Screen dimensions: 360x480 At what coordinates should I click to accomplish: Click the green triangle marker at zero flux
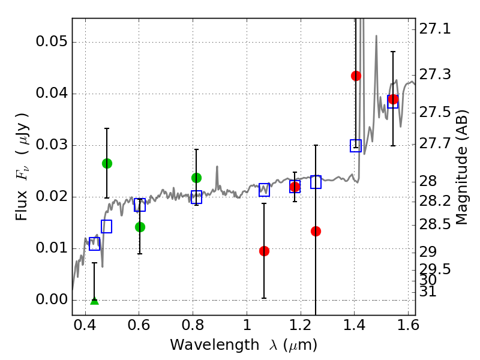tap(94, 300)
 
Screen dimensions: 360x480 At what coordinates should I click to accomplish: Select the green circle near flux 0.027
tap(107, 163)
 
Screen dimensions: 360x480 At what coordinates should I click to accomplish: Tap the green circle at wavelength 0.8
tap(196, 178)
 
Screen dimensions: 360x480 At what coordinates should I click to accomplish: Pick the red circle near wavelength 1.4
tap(356, 76)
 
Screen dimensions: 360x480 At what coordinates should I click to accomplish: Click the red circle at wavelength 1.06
tap(264, 251)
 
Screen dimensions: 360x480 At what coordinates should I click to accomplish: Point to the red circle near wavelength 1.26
tap(316, 231)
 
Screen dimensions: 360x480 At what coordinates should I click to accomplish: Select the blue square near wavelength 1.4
tap(356, 146)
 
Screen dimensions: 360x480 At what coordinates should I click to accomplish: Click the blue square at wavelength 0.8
tap(196, 197)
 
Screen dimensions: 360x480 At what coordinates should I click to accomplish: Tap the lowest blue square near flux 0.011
tap(94, 244)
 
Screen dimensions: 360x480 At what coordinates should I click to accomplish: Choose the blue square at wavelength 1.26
tap(316, 182)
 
